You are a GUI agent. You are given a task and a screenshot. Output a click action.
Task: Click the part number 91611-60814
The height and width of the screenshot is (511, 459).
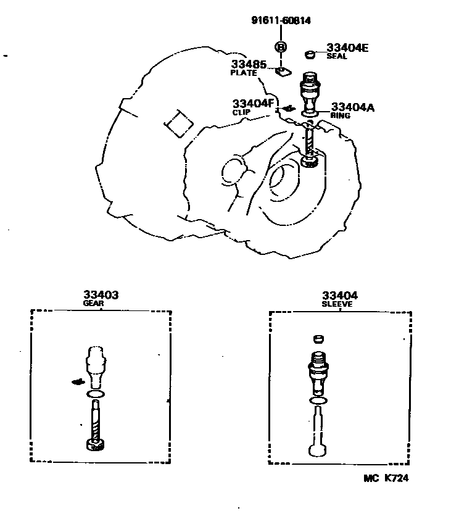tap(281, 20)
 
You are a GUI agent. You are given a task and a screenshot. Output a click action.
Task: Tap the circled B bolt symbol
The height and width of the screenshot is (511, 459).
tap(280, 47)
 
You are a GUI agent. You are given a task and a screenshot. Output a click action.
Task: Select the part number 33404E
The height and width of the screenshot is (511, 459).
tap(347, 48)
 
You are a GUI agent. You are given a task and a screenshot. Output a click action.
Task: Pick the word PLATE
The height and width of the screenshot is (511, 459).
tap(243, 73)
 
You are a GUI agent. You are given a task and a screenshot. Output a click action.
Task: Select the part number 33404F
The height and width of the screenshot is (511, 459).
tap(252, 104)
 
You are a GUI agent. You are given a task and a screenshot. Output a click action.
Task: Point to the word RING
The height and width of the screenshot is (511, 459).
tap(340, 115)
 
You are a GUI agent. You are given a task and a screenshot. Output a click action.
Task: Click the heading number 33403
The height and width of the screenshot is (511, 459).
tap(101, 296)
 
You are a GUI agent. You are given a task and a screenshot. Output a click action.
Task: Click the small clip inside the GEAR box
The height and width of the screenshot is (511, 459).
tap(77, 381)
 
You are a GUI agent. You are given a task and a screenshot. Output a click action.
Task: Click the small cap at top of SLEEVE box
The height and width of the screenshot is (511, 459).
tap(318, 339)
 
